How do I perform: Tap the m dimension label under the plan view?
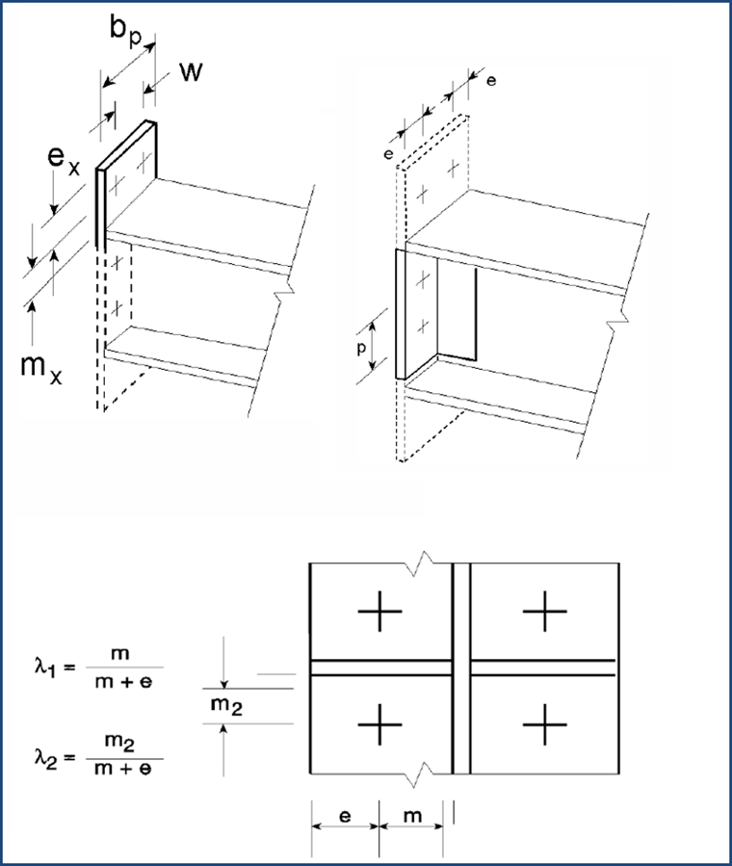(x=411, y=818)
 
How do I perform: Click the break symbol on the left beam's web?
(x=281, y=288)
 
